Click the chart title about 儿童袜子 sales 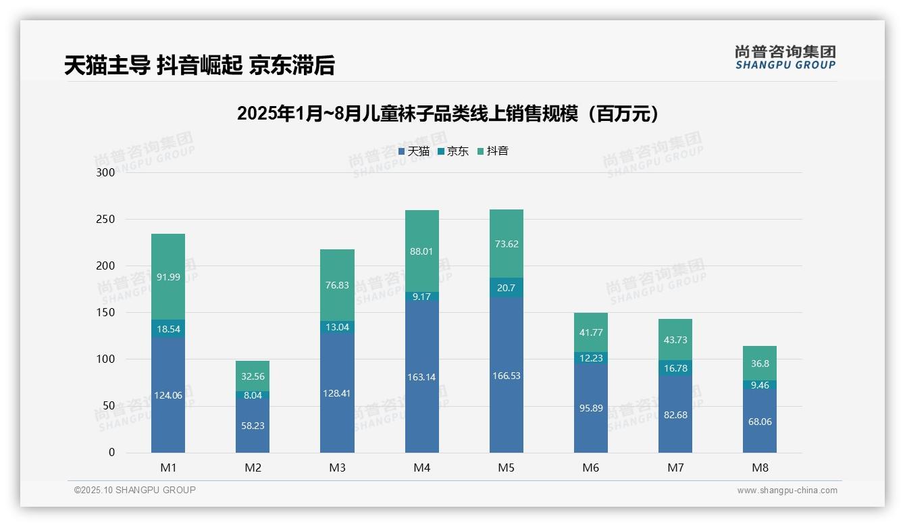[447, 114]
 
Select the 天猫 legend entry [414, 151]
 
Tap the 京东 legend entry [453, 151]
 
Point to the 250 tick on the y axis [106, 220]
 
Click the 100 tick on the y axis [106, 359]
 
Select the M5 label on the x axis [506, 468]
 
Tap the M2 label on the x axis [253, 468]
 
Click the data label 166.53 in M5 [506, 376]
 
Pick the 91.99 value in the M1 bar [167, 277]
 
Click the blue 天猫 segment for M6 [590, 409]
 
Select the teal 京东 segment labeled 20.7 [506, 288]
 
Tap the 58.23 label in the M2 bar [253, 426]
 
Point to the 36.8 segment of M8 [760, 363]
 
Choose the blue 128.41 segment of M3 [337, 393]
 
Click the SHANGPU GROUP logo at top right [785, 57]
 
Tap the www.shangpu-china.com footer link [787, 491]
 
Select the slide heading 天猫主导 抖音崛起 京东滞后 [199, 66]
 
